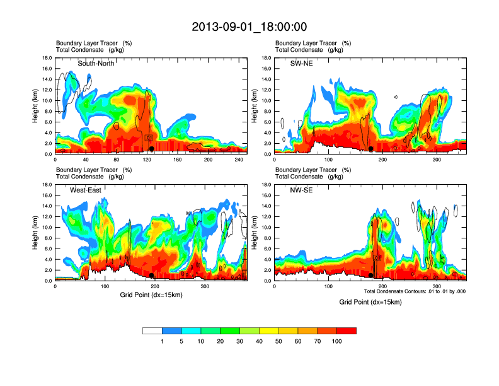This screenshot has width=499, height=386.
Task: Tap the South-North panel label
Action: point(95,64)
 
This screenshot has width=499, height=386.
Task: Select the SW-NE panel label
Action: point(301,64)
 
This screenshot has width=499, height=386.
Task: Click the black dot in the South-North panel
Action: point(152,148)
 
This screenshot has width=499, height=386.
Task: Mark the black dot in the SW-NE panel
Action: point(371,148)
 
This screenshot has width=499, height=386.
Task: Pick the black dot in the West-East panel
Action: point(152,275)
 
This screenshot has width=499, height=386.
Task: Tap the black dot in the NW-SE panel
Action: point(371,275)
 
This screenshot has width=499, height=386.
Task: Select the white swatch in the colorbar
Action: point(152,330)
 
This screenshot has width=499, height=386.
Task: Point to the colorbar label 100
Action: point(337,341)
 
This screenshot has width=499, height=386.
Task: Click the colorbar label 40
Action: point(259,341)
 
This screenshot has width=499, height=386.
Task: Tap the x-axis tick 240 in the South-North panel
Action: point(238,160)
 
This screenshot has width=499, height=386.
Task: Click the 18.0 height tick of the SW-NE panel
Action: point(267,58)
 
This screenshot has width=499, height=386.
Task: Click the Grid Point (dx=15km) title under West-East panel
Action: point(151,295)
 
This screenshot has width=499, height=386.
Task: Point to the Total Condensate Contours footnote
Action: point(415,292)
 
